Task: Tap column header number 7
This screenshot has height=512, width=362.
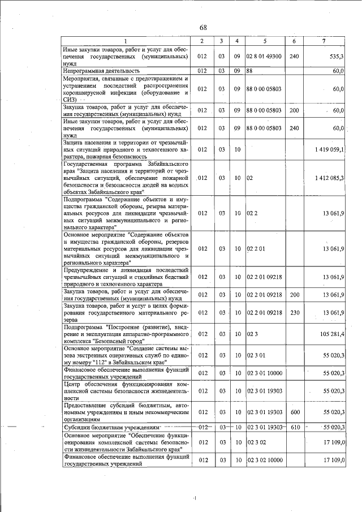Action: (323, 41)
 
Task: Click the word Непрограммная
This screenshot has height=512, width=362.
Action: (85, 71)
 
